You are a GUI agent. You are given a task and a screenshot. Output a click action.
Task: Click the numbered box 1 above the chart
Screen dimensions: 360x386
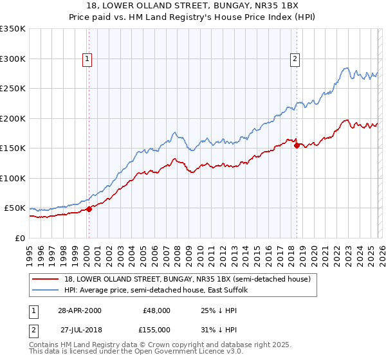tap(87, 59)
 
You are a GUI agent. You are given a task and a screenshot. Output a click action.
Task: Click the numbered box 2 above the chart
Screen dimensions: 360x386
tap(295, 59)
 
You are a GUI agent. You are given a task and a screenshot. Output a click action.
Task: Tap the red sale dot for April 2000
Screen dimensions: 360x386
tap(89, 208)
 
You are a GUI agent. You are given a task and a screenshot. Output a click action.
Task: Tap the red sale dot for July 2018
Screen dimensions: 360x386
tap(297, 145)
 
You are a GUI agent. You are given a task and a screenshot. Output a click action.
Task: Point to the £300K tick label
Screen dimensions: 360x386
tap(13, 59)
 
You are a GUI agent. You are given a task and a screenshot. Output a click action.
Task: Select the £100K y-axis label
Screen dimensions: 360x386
tap(13, 178)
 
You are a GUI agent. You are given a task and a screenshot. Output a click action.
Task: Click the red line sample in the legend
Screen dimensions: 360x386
tap(46, 279)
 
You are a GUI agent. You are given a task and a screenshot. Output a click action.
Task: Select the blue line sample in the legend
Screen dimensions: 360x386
tap(46, 290)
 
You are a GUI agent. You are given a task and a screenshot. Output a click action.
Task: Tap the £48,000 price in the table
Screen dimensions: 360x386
tap(156, 310)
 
